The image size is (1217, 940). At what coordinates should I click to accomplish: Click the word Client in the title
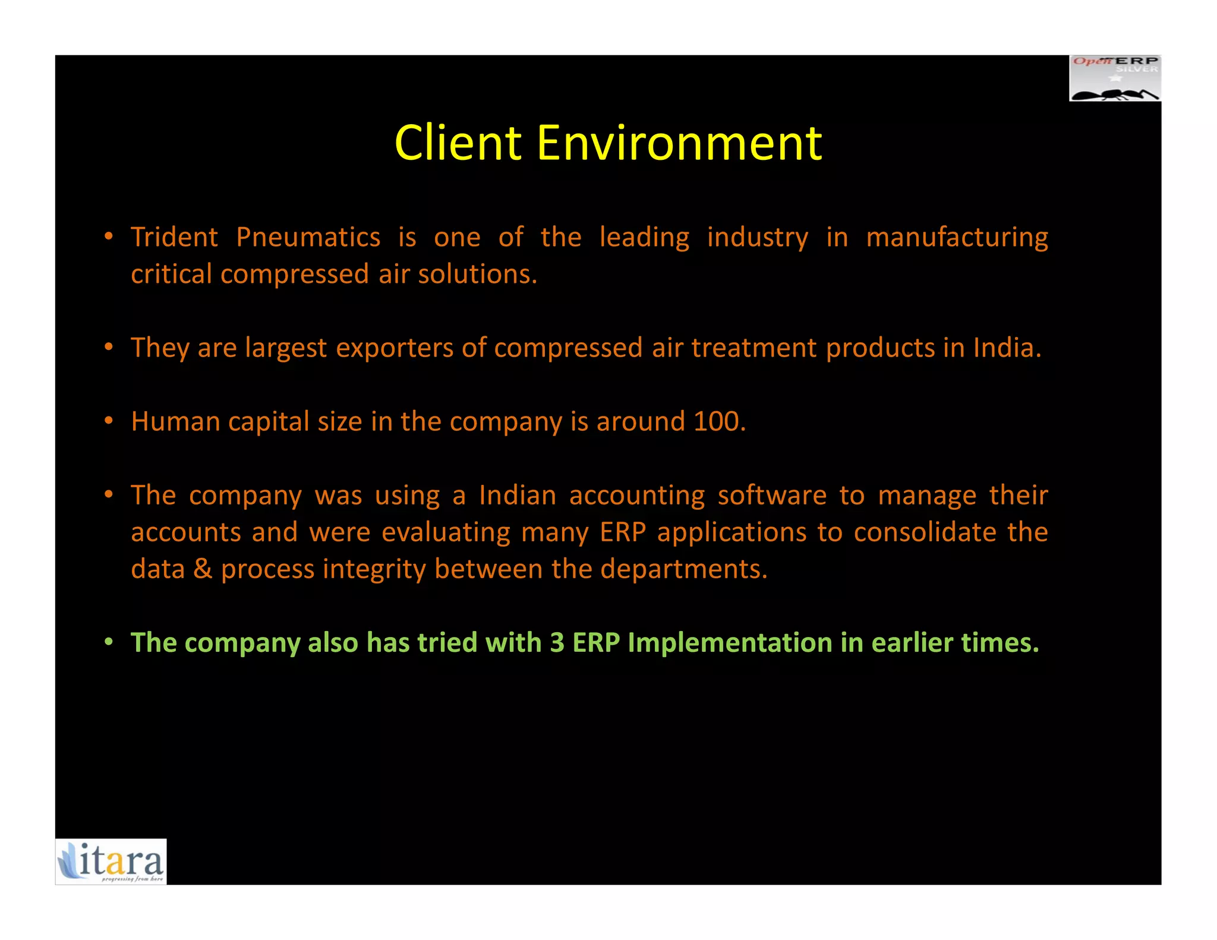click(x=458, y=143)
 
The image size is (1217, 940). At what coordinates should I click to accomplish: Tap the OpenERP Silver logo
click(x=1115, y=78)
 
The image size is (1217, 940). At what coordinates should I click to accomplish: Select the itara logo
click(x=111, y=862)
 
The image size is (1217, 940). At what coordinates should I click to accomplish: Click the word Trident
click(x=175, y=237)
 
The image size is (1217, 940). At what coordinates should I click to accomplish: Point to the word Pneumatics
click(x=308, y=237)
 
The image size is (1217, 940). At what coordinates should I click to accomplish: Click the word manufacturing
click(x=957, y=237)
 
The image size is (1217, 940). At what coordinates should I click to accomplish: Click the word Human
click(x=175, y=421)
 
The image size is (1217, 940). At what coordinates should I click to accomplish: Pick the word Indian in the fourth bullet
click(x=518, y=496)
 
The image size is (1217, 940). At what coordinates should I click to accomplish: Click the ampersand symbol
click(x=203, y=569)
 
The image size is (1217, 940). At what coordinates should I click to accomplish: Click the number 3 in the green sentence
click(x=557, y=643)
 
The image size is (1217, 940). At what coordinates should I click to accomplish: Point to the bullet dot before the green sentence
click(x=109, y=642)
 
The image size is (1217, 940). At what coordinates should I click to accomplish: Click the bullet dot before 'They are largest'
click(x=109, y=347)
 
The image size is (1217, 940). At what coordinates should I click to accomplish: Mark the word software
click(x=771, y=496)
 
